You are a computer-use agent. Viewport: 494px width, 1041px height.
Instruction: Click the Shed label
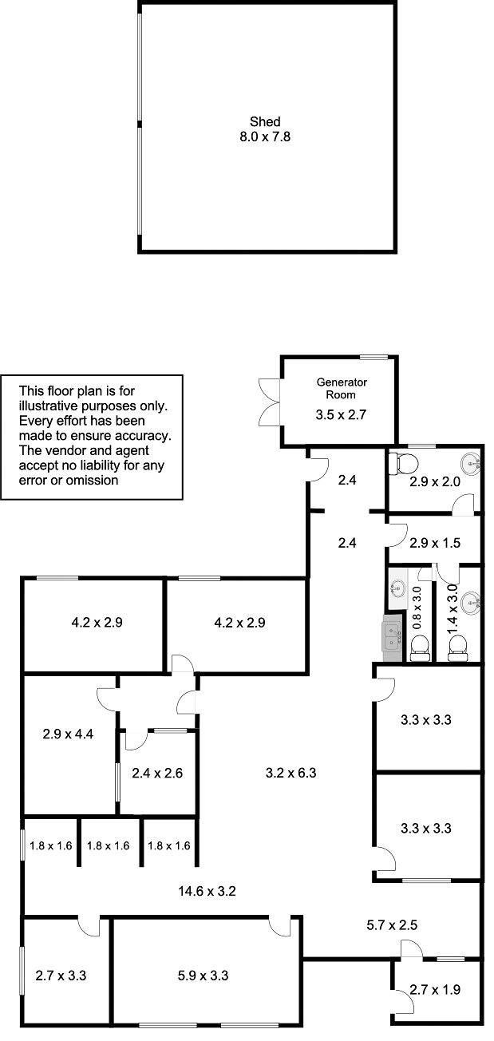tap(265, 122)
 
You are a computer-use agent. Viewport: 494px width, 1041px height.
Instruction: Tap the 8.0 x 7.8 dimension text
tap(265, 137)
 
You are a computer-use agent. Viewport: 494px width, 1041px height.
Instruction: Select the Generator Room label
tap(342, 389)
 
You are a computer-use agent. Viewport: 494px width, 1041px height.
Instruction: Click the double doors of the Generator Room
tap(270, 402)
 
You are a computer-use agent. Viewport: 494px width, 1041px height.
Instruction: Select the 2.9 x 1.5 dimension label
tap(435, 543)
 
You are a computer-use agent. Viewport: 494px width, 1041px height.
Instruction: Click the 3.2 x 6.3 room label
tap(291, 773)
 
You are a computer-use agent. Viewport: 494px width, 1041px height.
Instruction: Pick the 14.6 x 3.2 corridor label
tap(207, 891)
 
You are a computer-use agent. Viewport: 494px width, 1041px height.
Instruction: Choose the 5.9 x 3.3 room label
tap(203, 976)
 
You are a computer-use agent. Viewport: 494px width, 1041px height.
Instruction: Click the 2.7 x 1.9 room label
tap(435, 989)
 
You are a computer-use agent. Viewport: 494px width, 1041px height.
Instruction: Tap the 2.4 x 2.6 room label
tap(157, 773)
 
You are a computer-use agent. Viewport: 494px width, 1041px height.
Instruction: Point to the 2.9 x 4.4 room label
tap(68, 734)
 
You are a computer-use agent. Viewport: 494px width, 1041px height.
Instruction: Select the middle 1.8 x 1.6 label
tap(109, 845)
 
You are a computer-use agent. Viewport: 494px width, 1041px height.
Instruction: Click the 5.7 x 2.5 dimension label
tap(392, 924)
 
